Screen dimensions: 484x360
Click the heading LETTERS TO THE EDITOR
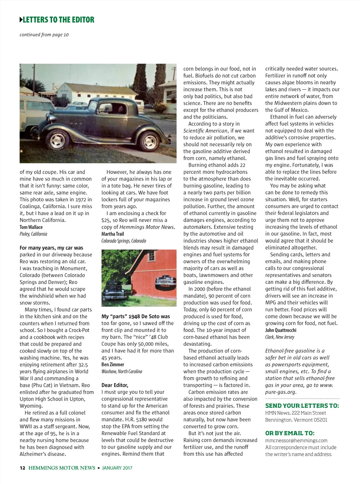click(x=58, y=20)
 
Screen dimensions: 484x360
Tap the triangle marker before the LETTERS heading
click(x=21, y=20)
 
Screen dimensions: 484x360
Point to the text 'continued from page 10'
click(x=44, y=34)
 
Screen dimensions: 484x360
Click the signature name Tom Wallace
click(x=31, y=227)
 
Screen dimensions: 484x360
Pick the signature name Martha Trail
click(x=112, y=234)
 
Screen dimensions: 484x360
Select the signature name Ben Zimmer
click(x=112, y=364)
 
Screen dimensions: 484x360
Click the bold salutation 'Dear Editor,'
click(x=115, y=385)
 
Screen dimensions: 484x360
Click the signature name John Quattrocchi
click(x=281, y=330)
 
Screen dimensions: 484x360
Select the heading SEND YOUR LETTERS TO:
click(x=302, y=406)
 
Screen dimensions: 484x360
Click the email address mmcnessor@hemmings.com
click(x=296, y=440)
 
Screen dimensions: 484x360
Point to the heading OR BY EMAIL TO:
click(x=290, y=433)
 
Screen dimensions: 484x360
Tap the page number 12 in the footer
click(x=22, y=468)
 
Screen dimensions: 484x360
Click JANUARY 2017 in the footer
click(x=117, y=468)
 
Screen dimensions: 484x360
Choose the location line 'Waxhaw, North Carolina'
click(x=122, y=371)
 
